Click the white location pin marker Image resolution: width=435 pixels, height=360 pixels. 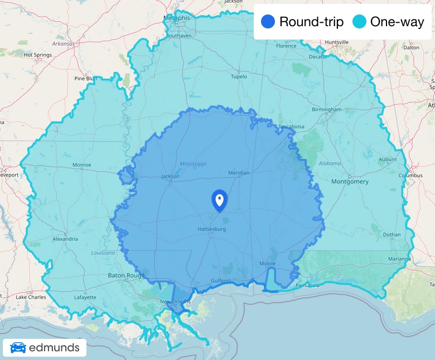[x=219, y=200]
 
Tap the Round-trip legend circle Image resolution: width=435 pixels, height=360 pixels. [x=268, y=22]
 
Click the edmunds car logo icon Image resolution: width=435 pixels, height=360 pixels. [x=18, y=348]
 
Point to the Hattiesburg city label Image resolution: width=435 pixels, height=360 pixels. [x=211, y=229]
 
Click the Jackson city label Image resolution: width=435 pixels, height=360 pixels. [x=170, y=177]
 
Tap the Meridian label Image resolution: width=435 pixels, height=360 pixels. [x=239, y=173]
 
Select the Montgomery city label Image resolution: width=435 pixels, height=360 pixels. [x=350, y=182]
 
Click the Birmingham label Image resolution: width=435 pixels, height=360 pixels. [x=326, y=110]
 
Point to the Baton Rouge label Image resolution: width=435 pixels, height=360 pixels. [x=126, y=275]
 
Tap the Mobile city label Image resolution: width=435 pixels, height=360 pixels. [x=268, y=264]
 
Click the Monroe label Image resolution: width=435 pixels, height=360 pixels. [x=81, y=165]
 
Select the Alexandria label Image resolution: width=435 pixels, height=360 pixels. [x=65, y=239]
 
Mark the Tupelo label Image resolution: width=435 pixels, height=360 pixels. [x=239, y=77]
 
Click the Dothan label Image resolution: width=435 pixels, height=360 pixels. [x=391, y=235]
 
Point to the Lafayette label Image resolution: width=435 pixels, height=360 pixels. [x=85, y=297]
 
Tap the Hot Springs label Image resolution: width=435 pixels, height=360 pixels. [x=38, y=55]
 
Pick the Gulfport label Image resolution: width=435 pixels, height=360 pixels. [x=221, y=281]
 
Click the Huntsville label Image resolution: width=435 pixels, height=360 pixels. [x=337, y=42]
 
